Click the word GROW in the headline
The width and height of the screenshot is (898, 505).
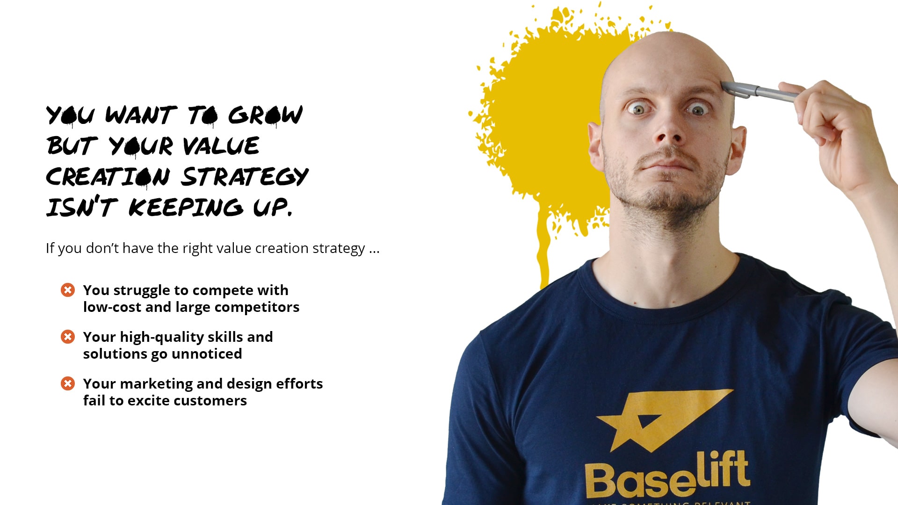[265, 115]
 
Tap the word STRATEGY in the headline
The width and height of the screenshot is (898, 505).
[245, 177]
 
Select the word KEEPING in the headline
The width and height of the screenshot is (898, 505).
[186, 208]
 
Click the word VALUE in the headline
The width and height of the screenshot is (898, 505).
[221, 146]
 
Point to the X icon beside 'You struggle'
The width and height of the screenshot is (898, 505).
[68, 290]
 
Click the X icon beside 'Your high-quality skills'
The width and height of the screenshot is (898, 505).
[68, 337]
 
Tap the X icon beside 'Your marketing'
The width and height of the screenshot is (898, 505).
[68, 383]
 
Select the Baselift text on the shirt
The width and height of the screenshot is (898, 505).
[667, 474]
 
